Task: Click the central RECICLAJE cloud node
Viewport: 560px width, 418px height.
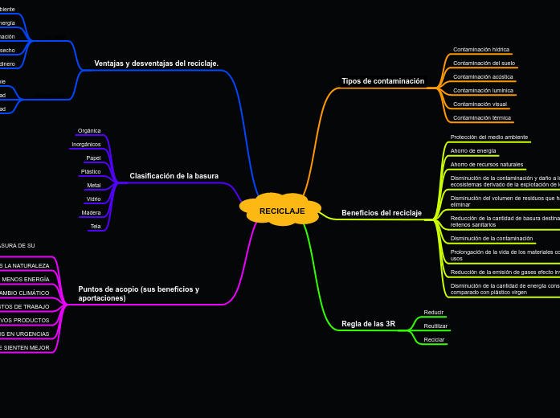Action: (x=281, y=211)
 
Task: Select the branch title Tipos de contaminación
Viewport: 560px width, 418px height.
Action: (x=382, y=81)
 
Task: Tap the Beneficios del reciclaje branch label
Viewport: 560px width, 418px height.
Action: (x=381, y=213)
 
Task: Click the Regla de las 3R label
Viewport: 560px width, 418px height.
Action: (x=368, y=324)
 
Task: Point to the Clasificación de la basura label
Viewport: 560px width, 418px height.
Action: (x=174, y=176)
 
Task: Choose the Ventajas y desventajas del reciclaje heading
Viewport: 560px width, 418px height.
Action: (x=156, y=64)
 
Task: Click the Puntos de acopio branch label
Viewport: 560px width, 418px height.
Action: (x=138, y=293)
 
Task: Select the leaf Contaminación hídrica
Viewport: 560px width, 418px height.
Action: (x=480, y=50)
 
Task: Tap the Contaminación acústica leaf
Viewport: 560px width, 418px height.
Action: (x=483, y=77)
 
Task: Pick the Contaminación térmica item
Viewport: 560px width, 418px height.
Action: (x=481, y=118)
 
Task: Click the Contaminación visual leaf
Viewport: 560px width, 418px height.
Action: (x=480, y=104)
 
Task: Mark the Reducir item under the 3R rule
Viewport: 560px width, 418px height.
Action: (x=433, y=312)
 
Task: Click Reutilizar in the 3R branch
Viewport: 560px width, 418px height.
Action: (x=435, y=326)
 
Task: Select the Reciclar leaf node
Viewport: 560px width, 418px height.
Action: (x=434, y=340)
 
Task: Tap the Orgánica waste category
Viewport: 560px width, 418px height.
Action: (x=89, y=131)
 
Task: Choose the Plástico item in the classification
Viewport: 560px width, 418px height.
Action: (x=91, y=172)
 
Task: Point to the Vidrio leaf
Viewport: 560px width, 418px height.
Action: (x=93, y=199)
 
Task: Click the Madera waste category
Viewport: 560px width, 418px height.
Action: (x=91, y=213)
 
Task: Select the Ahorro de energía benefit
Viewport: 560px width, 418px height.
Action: (x=473, y=151)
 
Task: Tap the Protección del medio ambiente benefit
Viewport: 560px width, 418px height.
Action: (x=488, y=137)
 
